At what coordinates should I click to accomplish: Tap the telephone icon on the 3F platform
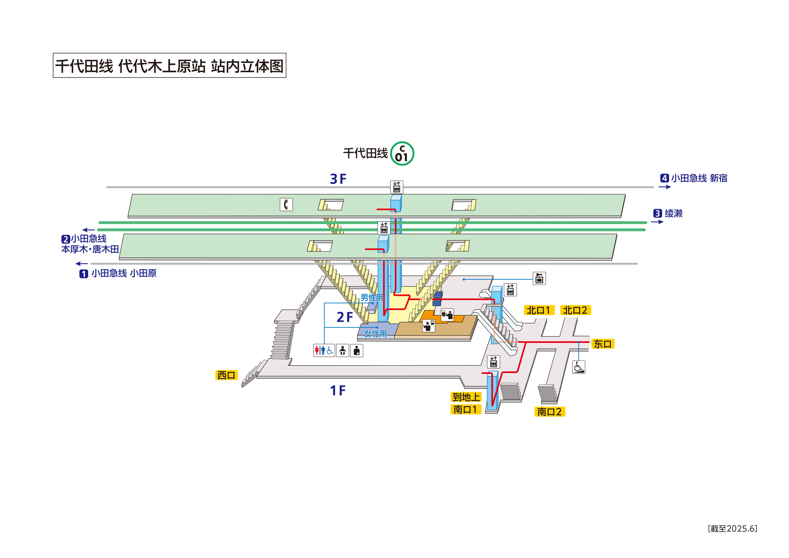pyautogui.click(x=286, y=205)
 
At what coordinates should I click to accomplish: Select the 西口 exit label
pyautogui.click(x=226, y=375)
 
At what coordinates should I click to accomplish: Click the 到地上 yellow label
pyautogui.click(x=466, y=397)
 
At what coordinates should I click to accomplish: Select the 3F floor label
pyautogui.click(x=338, y=179)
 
